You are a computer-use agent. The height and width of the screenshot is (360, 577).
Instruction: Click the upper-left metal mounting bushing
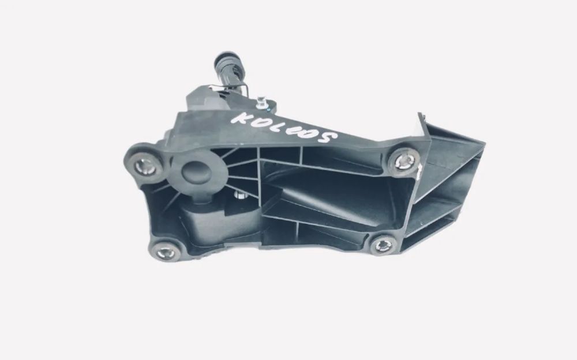145,167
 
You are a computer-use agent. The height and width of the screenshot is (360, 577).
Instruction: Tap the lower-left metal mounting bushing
165,253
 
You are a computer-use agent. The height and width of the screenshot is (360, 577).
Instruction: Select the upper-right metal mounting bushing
404,160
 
